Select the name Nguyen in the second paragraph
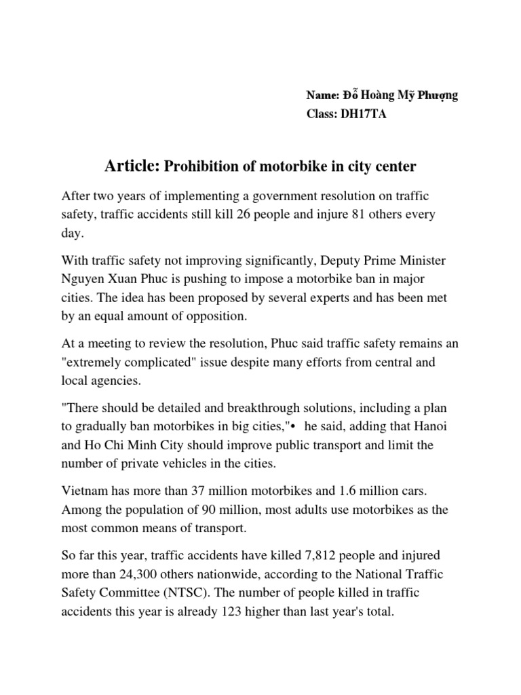click(x=82, y=279)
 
